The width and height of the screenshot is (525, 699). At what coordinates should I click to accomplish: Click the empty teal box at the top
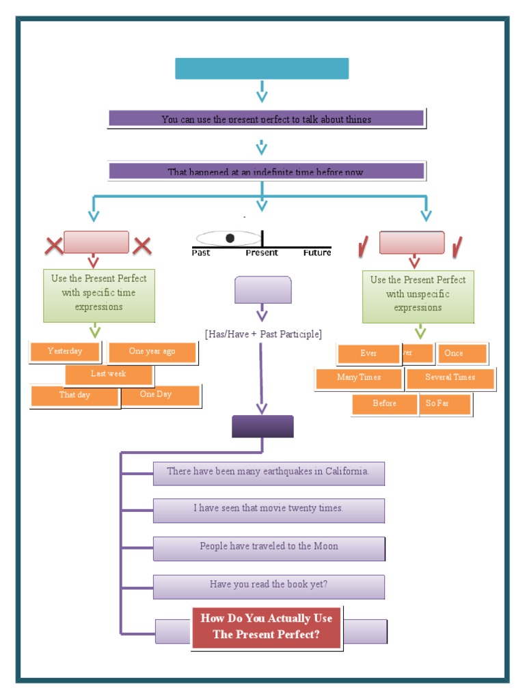pyautogui.click(x=262, y=69)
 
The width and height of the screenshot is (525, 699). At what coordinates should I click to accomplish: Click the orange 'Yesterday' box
pyautogui.click(x=65, y=352)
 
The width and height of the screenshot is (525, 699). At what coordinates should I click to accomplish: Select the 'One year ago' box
pyautogui.click(x=152, y=352)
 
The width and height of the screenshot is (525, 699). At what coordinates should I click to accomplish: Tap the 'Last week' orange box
pyautogui.click(x=109, y=374)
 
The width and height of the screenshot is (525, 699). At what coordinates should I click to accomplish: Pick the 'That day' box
pyautogui.click(x=75, y=395)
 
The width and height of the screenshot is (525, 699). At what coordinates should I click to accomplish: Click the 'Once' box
pyautogui.click(x=461, y=354)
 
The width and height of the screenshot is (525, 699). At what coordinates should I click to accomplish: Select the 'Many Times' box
pyautogui.click(x=359, y=377)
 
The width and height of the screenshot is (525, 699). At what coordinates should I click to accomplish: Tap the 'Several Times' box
pyautogui.click(x=450, y=377)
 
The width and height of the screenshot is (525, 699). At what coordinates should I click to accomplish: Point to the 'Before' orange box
pyautogui.click(x=384, y=403)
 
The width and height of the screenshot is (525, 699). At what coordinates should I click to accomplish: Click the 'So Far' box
pyautogui.click(x=444, y=403)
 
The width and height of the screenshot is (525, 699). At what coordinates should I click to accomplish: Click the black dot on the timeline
pyautogui.click(x=230, y=238)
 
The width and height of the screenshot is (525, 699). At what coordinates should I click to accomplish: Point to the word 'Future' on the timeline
pyautogui.click(x=317, y=253)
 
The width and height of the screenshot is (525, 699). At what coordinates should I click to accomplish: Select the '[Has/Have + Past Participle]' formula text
pyautogui.click(x=263, y=334)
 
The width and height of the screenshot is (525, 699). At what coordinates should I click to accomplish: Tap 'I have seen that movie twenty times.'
pyautogui.click(x=269, y=509)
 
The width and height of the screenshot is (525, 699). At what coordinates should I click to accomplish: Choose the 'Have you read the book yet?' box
pyautogui.click(x=269, y=586)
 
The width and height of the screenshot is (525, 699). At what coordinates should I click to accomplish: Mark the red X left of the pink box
pyautogui.click(x=53, y=246)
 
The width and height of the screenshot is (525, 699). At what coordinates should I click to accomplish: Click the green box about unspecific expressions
pyautogui.click(x=418, y=294)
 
